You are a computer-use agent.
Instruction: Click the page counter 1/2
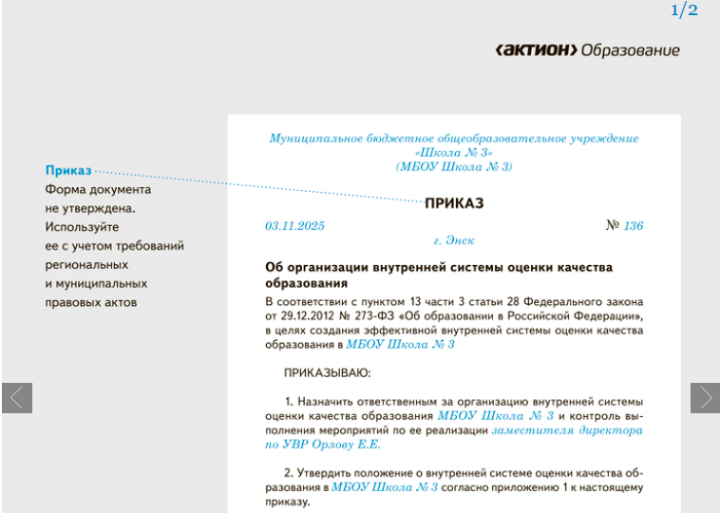click(684, 10)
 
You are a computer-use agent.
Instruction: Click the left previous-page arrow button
click(17, 397)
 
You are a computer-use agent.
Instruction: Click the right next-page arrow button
click(705, 397)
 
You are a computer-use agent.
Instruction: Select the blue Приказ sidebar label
click(68, 170)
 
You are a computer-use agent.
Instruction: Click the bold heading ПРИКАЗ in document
click(454, 202)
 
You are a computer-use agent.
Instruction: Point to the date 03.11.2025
click(295, 226)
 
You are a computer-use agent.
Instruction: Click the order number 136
click(633, 226)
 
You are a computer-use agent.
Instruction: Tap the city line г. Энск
click(454, 241)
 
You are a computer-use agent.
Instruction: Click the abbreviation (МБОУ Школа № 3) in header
click(454, 166)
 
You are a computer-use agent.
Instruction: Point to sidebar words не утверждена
click(90, 208)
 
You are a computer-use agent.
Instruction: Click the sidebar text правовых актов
click(91, 302)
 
